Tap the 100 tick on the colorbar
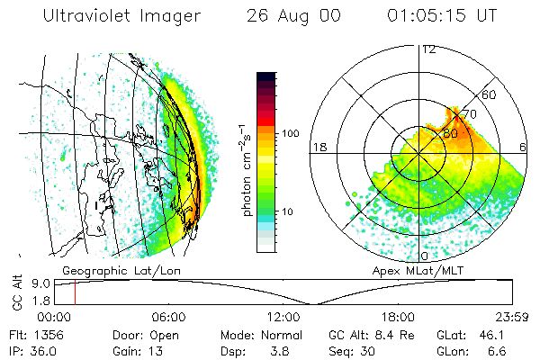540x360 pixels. coord(291,133)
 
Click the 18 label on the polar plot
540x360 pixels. coord(319,147)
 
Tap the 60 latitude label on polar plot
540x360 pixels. coord(490,94)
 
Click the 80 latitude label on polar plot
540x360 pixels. coord(451,132)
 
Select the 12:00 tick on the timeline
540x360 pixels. coord(283,317)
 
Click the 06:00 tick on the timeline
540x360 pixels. coord(169,317)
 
